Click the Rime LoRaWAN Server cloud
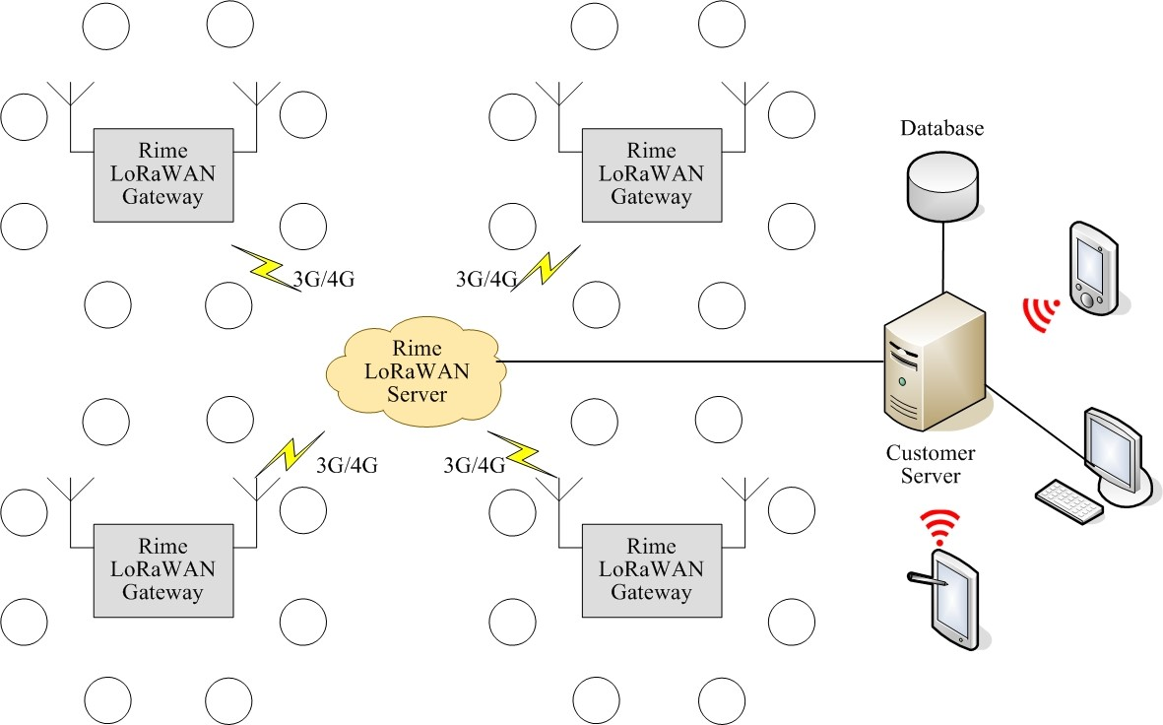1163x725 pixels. pyautogui.click(x=418, y=372)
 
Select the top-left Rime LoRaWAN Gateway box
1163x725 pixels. pyautogui.click(x=163, y=174)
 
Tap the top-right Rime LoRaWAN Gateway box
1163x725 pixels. pyautogui.click(x=652, y=174)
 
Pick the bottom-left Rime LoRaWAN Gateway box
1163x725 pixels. pyautogui.click(x=163, y=570)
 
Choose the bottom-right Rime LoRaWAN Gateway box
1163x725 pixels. pyautogui.click(x=652, y=570)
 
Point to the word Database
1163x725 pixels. pyautogui.click(x=942, y=129)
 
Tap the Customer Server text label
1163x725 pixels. pyautogui.click(x=931, y=465)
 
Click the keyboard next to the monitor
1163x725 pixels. pyautogui.click(x=1068, y=501)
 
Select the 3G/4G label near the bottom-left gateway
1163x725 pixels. pyautogui.click(x=347, y=465)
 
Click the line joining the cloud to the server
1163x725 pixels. pyautogui.click(x=689, y=362)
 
